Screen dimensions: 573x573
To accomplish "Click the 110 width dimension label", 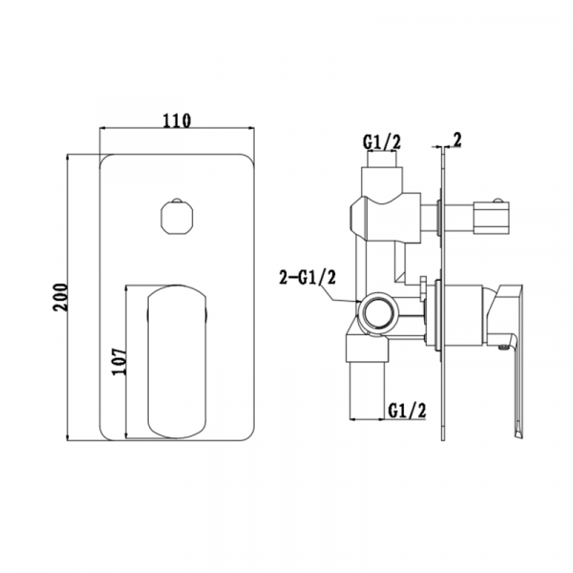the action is pos(177,120).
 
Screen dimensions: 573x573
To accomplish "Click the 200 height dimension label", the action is pos(61,297).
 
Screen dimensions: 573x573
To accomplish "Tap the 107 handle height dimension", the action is pos(119,361).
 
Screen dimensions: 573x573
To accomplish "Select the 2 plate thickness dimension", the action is pos(457,140).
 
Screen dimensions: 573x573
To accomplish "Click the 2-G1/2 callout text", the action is pos(308,278).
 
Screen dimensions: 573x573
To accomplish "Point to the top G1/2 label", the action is pos(382,141).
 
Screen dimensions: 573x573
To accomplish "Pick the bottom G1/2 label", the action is pos(407,411).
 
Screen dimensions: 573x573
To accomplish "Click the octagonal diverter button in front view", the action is pos(178,218).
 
